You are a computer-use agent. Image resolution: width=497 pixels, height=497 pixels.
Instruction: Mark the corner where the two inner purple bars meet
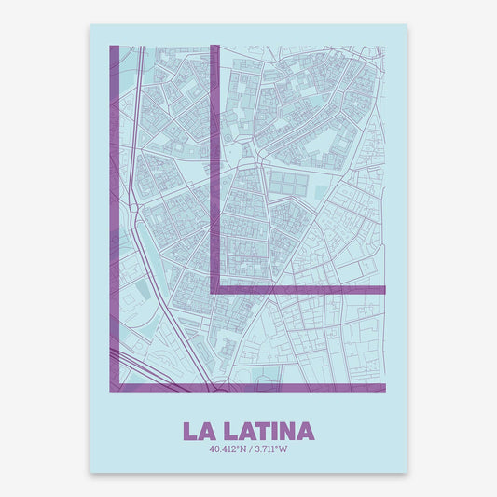click(214, 290)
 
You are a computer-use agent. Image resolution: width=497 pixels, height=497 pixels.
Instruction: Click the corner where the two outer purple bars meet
click(115, 387)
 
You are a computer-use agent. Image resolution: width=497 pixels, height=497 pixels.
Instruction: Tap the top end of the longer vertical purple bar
click(115, 48)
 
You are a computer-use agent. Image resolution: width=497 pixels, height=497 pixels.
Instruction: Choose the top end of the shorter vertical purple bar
click(214, 48)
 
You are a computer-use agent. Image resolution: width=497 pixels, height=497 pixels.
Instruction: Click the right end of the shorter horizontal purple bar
click(383, 290)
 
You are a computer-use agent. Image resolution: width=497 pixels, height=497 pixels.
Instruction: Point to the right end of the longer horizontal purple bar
click(383, 387)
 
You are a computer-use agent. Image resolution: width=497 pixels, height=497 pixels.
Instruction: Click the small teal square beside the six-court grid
click(322, 192)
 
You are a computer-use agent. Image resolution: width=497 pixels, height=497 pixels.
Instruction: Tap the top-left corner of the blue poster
click(91, 25)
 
